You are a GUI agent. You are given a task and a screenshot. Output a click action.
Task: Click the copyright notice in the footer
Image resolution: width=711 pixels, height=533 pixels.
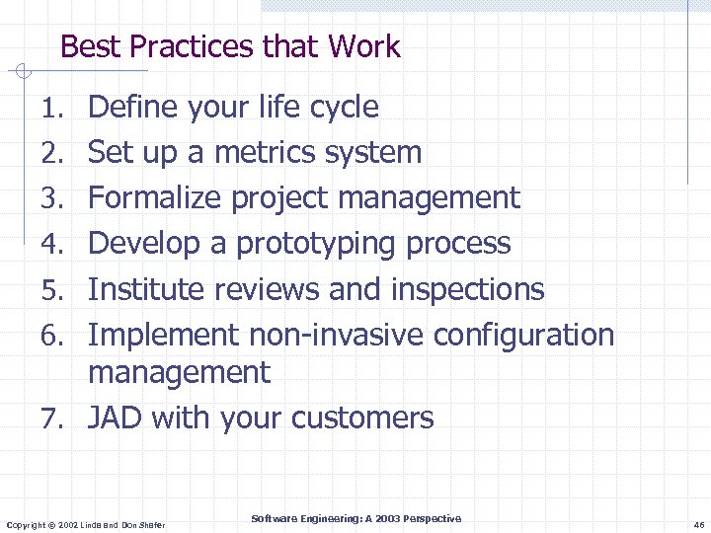85,524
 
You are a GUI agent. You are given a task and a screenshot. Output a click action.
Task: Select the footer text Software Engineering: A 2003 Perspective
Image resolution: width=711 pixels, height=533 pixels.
355,518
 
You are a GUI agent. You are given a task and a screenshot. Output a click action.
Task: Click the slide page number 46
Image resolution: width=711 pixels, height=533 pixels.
698,524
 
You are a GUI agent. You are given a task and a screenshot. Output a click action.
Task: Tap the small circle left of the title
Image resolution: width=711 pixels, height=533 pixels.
24,71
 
